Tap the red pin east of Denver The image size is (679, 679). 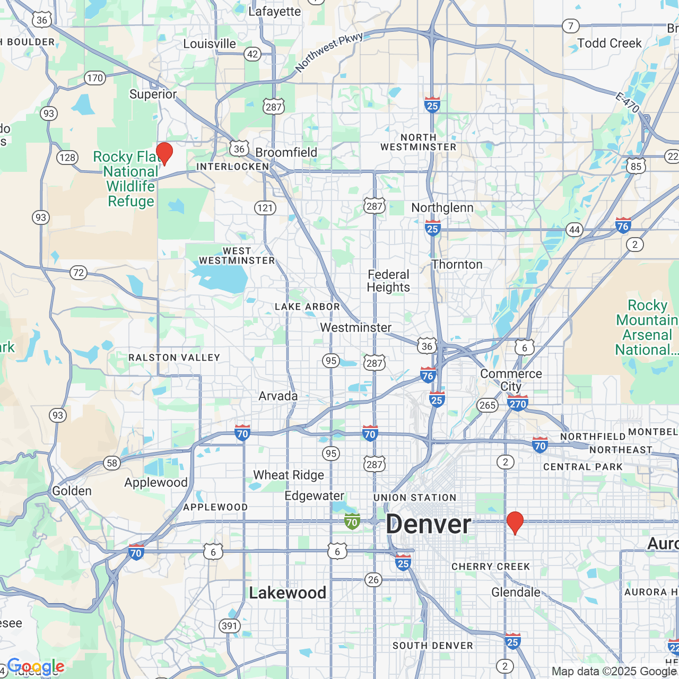tap(515, 523)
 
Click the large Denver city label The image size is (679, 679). tap(429, 525)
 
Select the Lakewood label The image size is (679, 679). tap(288, 593)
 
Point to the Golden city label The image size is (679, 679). tap(72, 491)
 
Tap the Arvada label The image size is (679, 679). tap(278, 396)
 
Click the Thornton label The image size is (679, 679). tap(457, 264)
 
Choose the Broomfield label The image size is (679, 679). tap(286, 152)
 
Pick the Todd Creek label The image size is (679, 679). tap(609, 43)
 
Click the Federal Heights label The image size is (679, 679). tap(389, 281)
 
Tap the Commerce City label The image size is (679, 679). tap(511, 380)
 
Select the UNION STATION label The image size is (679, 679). tap(415, 498)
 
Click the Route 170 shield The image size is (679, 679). tap(94, 78)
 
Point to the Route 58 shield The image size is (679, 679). tap(112, 463)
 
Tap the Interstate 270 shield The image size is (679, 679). tap(518, 403)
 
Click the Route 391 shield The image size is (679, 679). tap(229, 626)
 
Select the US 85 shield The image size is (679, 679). tap(636, 166)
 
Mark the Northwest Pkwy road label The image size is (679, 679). tap(329, 51)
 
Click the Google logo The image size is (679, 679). tap(36, 666)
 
